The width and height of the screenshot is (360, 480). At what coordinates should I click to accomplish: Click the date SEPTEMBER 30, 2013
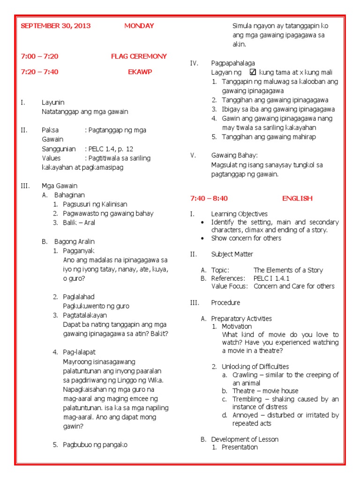tap(56, 26)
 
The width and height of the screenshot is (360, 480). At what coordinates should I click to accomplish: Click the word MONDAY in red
tap(139, 26)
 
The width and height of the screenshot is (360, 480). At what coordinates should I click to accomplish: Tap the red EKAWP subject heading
tap(140, 72)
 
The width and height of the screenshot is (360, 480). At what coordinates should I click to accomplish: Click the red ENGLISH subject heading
tap(297, 198)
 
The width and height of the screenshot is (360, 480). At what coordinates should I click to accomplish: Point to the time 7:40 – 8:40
tap(209, 198)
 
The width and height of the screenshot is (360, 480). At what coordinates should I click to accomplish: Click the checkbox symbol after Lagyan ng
tap(253, 72)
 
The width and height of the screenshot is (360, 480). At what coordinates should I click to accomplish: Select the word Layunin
tap(53, 102)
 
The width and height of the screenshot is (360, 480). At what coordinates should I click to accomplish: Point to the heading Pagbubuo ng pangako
tap(95, 444)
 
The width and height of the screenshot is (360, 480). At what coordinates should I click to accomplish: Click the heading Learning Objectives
tap(240, 214)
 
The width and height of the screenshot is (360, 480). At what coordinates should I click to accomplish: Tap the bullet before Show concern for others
tap(202, 238)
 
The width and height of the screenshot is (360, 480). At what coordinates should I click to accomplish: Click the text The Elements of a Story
tap(288, 270)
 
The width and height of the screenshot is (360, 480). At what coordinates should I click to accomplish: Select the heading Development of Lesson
tap(244, 439)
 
